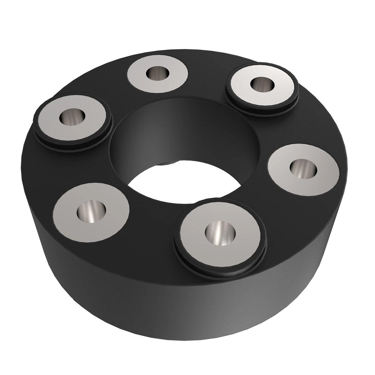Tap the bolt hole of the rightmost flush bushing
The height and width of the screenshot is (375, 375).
coord(303,169)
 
